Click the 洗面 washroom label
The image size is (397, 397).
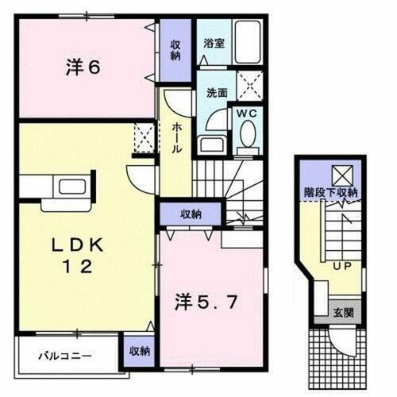217,93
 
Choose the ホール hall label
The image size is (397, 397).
175,139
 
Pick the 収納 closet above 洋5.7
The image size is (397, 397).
190,214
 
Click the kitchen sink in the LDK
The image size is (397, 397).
62,189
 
